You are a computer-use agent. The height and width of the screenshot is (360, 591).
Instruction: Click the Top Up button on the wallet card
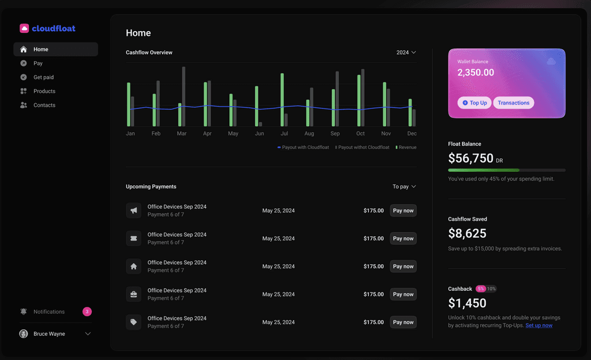[474, 103]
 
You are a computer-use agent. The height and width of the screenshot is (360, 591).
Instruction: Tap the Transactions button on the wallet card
[513, 103]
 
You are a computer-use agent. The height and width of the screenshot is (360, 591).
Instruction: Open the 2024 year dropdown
[406, 52]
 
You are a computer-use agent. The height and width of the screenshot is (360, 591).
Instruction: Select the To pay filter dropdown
[404, 186]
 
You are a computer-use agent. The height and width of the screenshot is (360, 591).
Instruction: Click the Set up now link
[538, 325]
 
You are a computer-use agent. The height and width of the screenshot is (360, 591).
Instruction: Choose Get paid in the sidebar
[43, 77]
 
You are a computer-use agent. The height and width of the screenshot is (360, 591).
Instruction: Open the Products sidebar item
[44, 91]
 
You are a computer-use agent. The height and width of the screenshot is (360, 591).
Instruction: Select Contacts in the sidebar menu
[44, 105]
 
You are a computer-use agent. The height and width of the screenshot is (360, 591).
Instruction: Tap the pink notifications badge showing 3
[87, 312]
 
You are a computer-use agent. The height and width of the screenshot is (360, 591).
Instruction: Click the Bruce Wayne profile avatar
[23, 333]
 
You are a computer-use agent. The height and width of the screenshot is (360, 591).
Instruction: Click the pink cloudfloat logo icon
[24, 28]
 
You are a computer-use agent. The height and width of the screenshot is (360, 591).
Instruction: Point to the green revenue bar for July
[282, 100]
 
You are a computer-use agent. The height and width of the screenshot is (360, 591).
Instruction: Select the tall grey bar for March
[184, 96]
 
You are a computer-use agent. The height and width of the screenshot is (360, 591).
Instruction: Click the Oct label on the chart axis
[360, 133]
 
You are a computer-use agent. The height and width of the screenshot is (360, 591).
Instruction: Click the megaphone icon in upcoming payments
[134, 211]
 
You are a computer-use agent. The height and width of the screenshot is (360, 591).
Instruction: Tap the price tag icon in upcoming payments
[134, 322]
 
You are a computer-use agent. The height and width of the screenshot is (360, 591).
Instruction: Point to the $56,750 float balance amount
[470, 158]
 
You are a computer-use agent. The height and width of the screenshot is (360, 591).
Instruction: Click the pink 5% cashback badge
[481, 289]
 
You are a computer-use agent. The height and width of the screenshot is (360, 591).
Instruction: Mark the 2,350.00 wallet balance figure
[476, 72]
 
